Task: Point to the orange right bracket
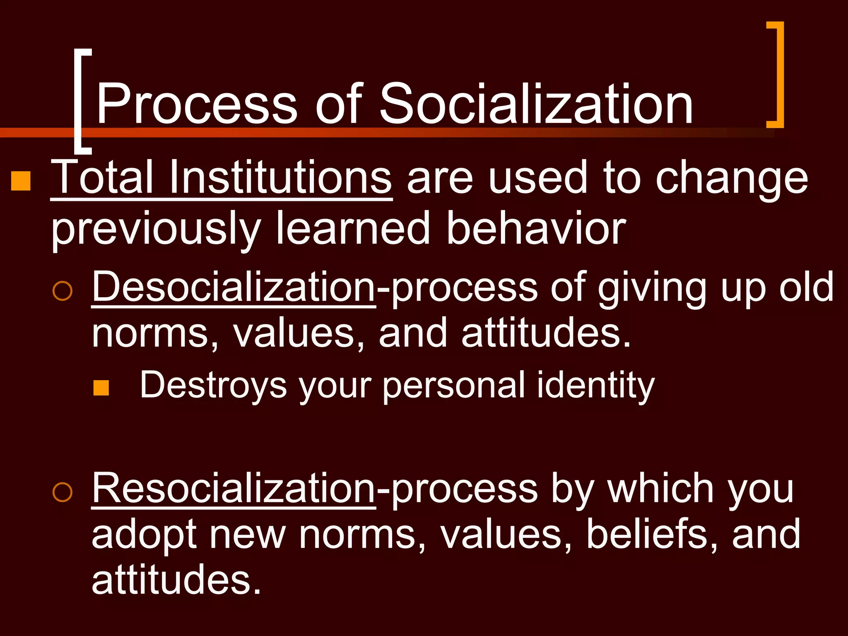pos(777,75)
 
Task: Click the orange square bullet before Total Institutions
pos(21,181)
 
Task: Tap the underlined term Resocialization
pos(234,489)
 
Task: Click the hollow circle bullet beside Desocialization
pos(63,291)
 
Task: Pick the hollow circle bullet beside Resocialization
pos(63,492)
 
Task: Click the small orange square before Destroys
pos(101,388)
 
